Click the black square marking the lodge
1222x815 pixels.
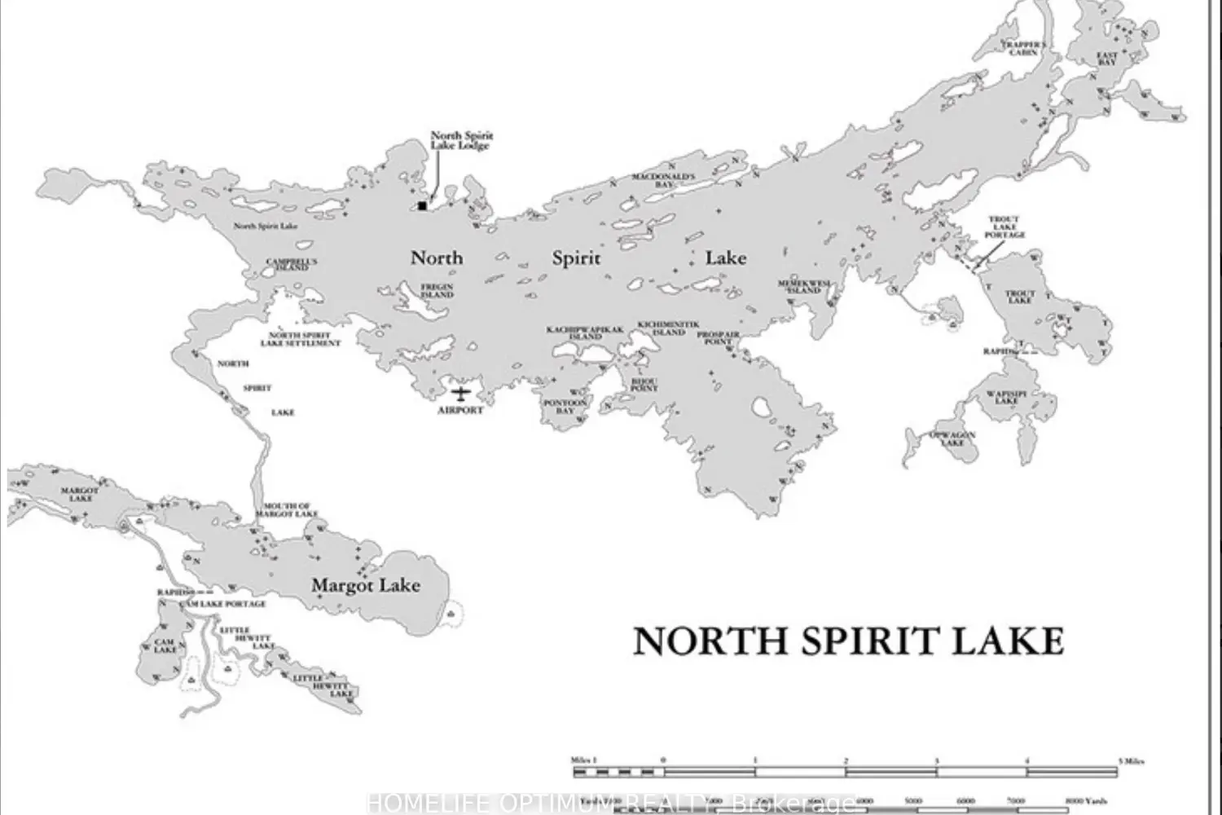(422, 205)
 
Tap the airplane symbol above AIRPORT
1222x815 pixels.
(461, 394)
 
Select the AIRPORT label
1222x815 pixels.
(460, 410)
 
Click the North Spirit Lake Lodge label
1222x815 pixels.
(462, 140)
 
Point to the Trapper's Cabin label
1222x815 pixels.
(1024, 48)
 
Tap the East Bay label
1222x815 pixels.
(1106, 59)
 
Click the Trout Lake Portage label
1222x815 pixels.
(1004, 227)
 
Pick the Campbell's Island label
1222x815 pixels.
(292, 264)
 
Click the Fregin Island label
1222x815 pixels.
(437, 290)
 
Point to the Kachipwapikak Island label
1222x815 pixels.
(584, 333)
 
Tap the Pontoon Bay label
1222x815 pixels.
(565, 407)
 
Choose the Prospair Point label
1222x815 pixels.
(719, 338)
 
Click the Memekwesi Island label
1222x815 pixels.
(804, 287)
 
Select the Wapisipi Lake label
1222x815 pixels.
(1006, 397)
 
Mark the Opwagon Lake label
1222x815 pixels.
(952, 438)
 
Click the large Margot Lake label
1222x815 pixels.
(366, 585)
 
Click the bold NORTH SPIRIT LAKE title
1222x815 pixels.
(848, 642)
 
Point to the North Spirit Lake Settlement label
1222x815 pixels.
(300, 339)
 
